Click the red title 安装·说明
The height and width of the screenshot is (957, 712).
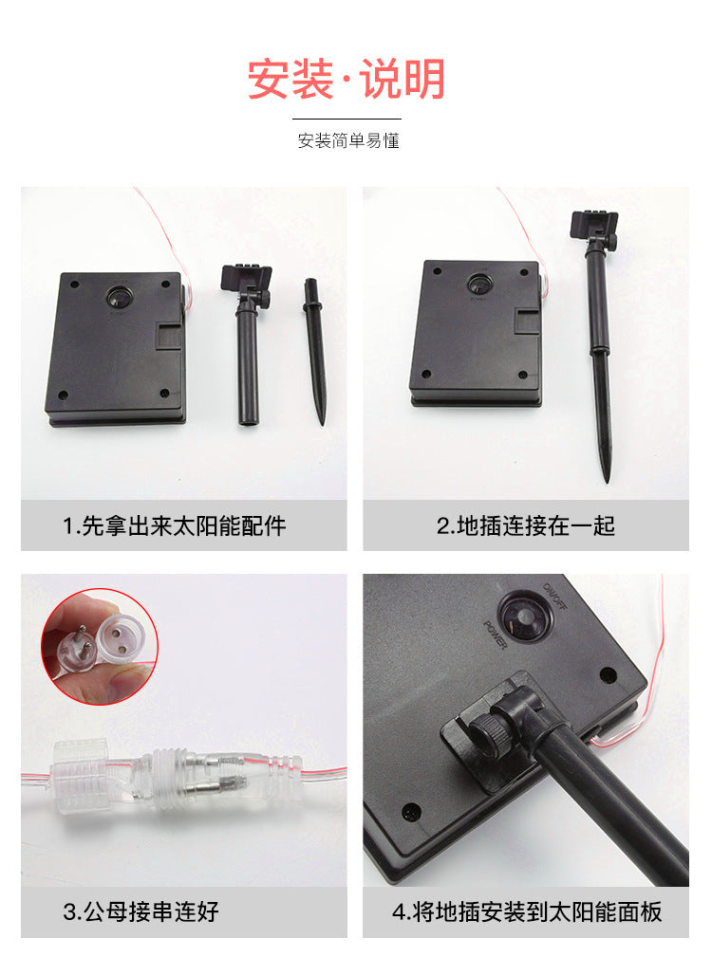pos(347,80)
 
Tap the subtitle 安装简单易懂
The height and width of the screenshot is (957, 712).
pos(348,141)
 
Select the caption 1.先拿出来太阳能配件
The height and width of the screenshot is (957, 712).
pos(175,525)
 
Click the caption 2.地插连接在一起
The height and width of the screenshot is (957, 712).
pos(525,525)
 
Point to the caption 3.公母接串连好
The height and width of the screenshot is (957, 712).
pos(141,911)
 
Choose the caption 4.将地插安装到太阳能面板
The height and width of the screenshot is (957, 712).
pos(526,911)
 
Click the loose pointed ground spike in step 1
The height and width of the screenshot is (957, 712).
pos(315,352)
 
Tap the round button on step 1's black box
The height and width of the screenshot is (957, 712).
pos(120,297)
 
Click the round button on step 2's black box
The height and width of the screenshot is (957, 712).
pos(480,284)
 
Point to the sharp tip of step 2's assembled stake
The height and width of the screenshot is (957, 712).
pos(607,480)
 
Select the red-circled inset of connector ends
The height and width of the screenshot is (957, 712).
pos(100,646)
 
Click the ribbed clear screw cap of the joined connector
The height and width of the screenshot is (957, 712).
pos(80,774)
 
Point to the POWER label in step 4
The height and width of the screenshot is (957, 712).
pos(496,635)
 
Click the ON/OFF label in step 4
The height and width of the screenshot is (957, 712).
pos(554,597)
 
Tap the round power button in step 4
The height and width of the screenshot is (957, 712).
pos(525,619)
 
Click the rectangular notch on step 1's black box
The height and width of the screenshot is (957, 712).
pos(170,337)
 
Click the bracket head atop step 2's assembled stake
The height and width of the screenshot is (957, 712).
pos(593,225)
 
